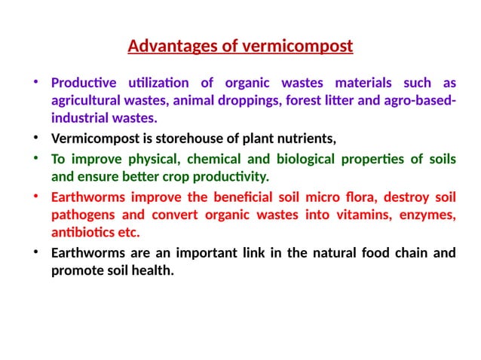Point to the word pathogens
pyautogui.click(x=80, y=215)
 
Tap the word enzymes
pyautogui.click(x=427, y=215)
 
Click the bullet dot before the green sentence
pyautogui.click(x=35, y=159)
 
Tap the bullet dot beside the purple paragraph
pyautogui.click(x=35, y=82)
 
